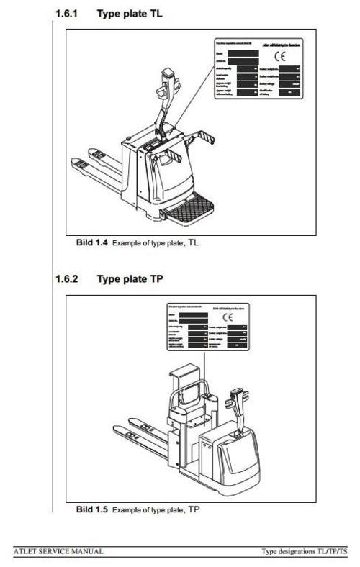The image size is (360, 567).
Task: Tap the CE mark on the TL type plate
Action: [278, 57]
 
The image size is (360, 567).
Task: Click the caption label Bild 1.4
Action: [92, 243]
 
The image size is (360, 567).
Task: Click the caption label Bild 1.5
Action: [92, 509]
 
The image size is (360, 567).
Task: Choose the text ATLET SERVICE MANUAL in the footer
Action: [59, 551]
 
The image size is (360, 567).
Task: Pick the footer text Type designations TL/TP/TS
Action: [308, 551]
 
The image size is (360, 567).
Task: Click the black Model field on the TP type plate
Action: [194, 314]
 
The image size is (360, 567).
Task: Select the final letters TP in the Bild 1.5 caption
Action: [194, 509]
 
